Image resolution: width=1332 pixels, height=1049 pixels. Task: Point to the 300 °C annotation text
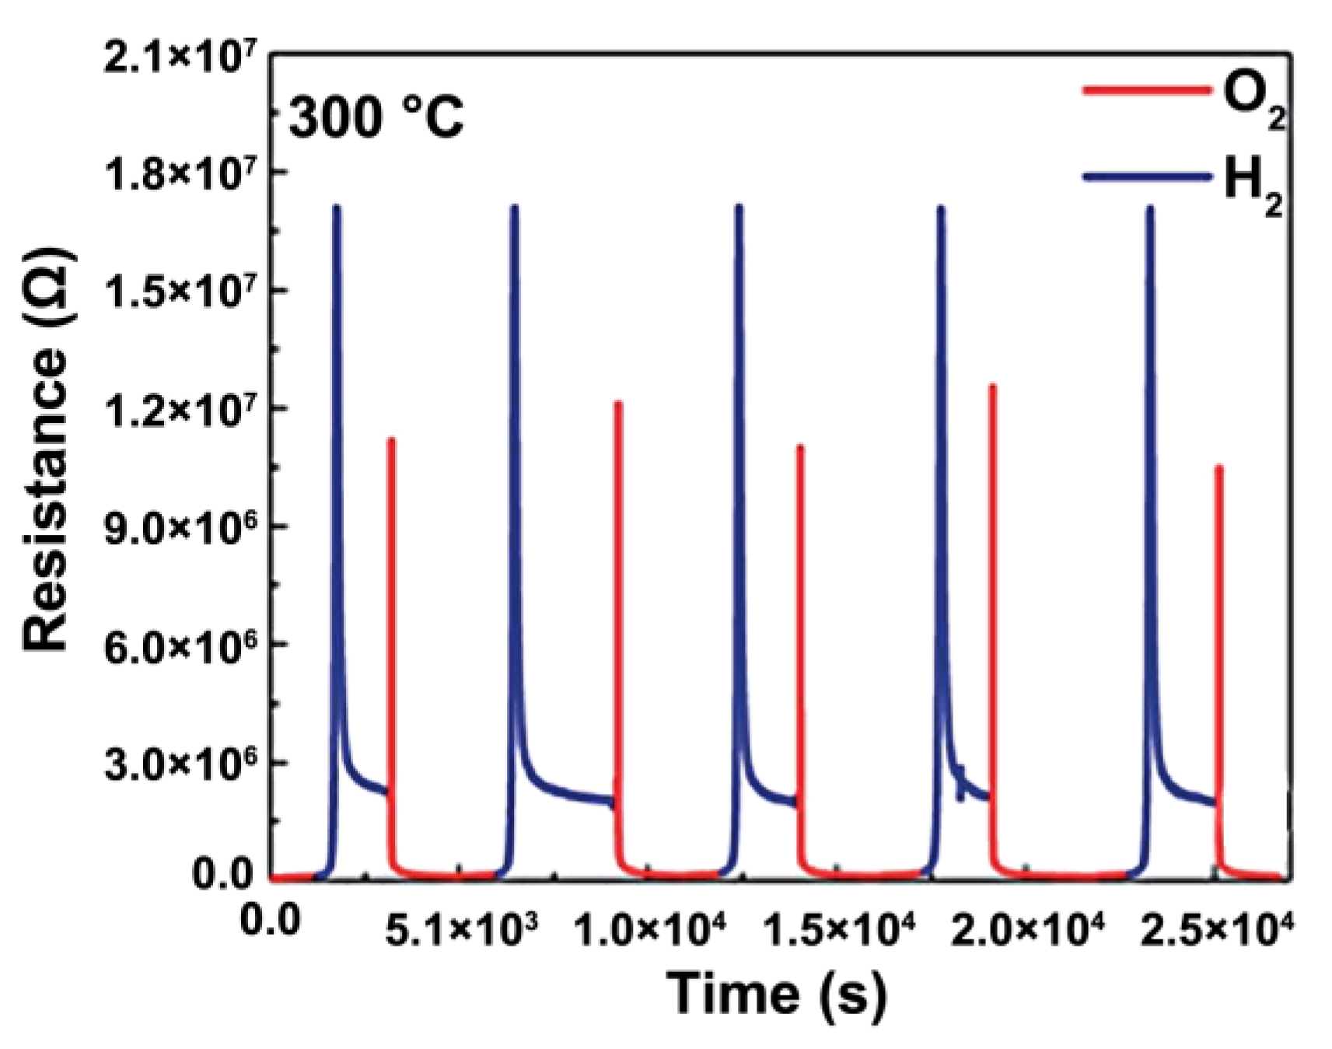pyautogui.click(x=376, y=118)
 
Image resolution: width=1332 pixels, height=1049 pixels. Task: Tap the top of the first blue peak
pyautogui.click(x=337, y=208)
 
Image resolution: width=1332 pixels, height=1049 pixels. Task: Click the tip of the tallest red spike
pyautogui.click(x=993, y=386)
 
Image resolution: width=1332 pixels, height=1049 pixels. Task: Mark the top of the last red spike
pyautogui.click(x=1218, y=468)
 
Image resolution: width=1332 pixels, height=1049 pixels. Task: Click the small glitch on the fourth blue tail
pyautogui.click(x=961, y=784)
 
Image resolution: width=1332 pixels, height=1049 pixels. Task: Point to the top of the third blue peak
pyautogui.click(x=739, y=208)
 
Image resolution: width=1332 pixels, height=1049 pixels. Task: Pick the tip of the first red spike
pyautogui.click(x=391, y=441)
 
